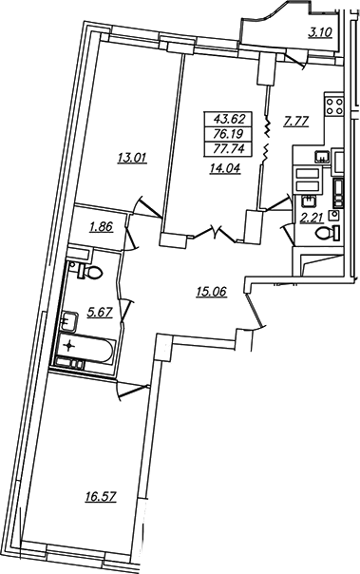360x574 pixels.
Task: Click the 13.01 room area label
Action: tap(132, 159)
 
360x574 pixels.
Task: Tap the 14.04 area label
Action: tap(224, 168)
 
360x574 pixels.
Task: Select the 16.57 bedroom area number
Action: tap(101, 497)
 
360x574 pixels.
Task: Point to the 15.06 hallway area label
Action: tap(212, 292)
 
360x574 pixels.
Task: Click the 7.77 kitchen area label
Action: tap(296, 122)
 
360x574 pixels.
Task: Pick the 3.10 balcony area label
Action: tap(320, 32)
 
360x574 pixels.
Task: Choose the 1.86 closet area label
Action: tap(102, 227)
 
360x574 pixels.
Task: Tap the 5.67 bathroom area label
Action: tap(100, 313)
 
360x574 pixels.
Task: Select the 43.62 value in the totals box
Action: tap(228, 119)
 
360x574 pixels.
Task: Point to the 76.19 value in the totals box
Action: tap(228, 134)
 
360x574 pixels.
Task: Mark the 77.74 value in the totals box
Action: tap(228, 148)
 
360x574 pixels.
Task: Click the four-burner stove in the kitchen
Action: tap(334, 106)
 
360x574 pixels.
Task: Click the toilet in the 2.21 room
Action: tap(328, 233)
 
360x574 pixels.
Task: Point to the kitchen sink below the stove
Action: tap(321, 156)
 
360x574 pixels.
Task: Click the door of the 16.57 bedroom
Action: tap(134, 390)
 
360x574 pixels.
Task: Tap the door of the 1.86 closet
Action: tap(130, 235)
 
